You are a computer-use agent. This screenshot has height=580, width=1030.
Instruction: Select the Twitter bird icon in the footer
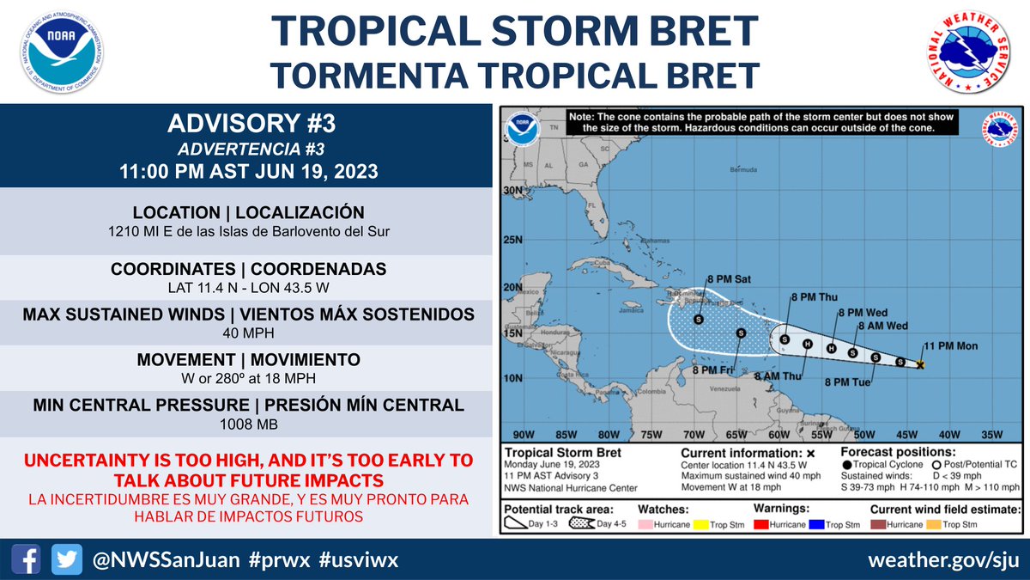click(65, 560)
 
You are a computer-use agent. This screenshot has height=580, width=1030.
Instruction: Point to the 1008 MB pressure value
click(245, 424)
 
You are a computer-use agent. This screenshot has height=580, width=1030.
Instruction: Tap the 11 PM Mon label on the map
click(950, 346)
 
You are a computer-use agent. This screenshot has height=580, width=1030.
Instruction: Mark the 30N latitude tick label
click(512, 191)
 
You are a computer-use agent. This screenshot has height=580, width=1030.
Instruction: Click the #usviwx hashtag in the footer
click(358, 560)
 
